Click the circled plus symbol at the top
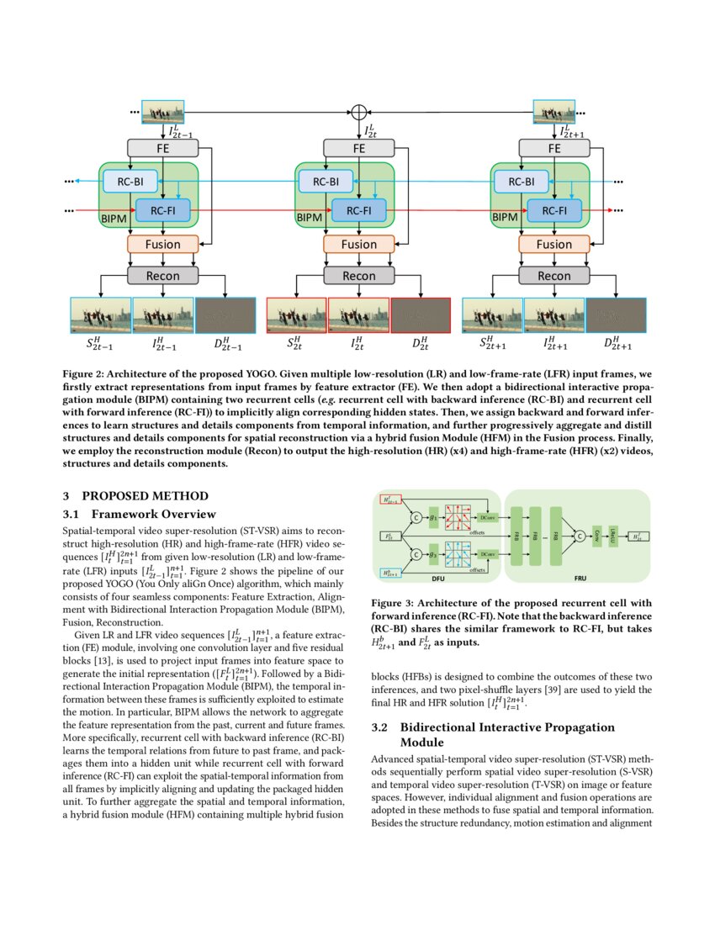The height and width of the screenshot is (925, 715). pyautogui.click(x=359, y=112)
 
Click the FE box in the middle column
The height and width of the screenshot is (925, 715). pyautogui.click(x=359, y=148)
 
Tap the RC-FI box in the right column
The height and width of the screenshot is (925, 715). pyautogui.click(x=554, y=210)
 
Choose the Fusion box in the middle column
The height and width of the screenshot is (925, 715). pyautogui.click(x=359, y=244)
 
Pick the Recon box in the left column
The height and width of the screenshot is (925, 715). pyautogui.click(x=163, y=275)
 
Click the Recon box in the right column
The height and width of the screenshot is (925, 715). pyautogui.click(x=554, y=275)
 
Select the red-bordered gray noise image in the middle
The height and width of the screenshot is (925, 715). pyautogui.click(x=421, y=317)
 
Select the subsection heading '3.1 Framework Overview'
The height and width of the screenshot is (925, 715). pyautogui.click(x=140, y=514)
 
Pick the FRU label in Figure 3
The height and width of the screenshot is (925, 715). pyautogui.click(x=580, y=579)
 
